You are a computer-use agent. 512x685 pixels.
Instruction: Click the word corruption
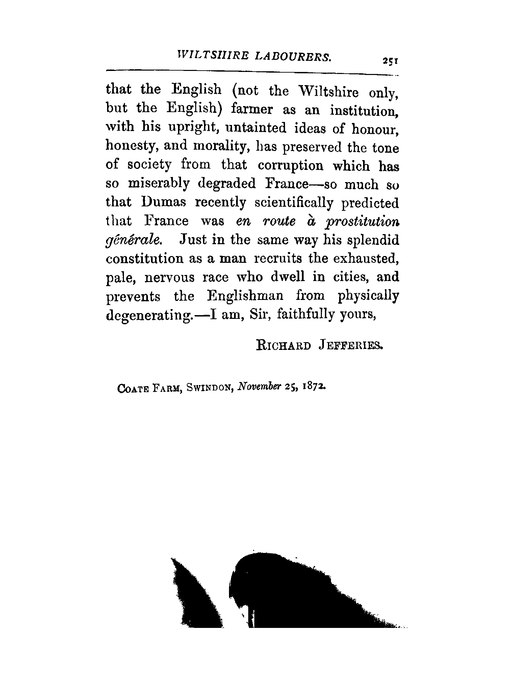point(290,165)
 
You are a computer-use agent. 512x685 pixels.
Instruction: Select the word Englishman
point(246,296)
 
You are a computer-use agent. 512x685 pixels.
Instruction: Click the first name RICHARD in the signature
point(283,346)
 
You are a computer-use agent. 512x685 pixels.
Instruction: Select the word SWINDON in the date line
point(210,388)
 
